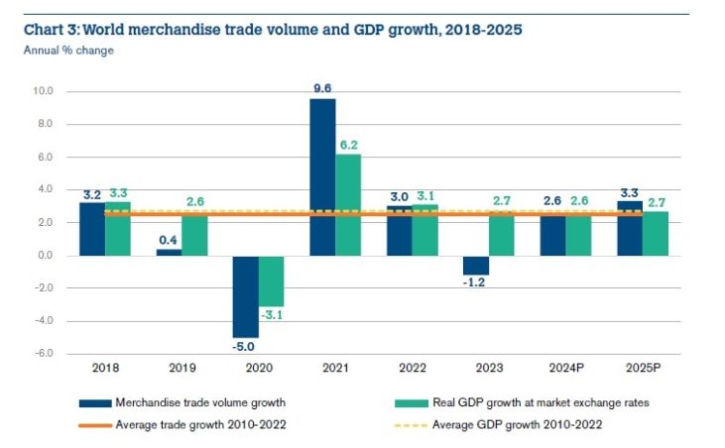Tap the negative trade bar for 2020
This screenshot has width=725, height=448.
[245, 296]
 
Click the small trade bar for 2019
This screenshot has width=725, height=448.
[169, 252]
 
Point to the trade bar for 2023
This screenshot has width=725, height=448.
[476, 265]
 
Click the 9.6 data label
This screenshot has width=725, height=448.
[321, 87]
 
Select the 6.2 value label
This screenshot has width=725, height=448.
[349, 144]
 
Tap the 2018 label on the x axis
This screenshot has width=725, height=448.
[105, 370]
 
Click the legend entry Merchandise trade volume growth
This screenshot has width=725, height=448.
[184, 403]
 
